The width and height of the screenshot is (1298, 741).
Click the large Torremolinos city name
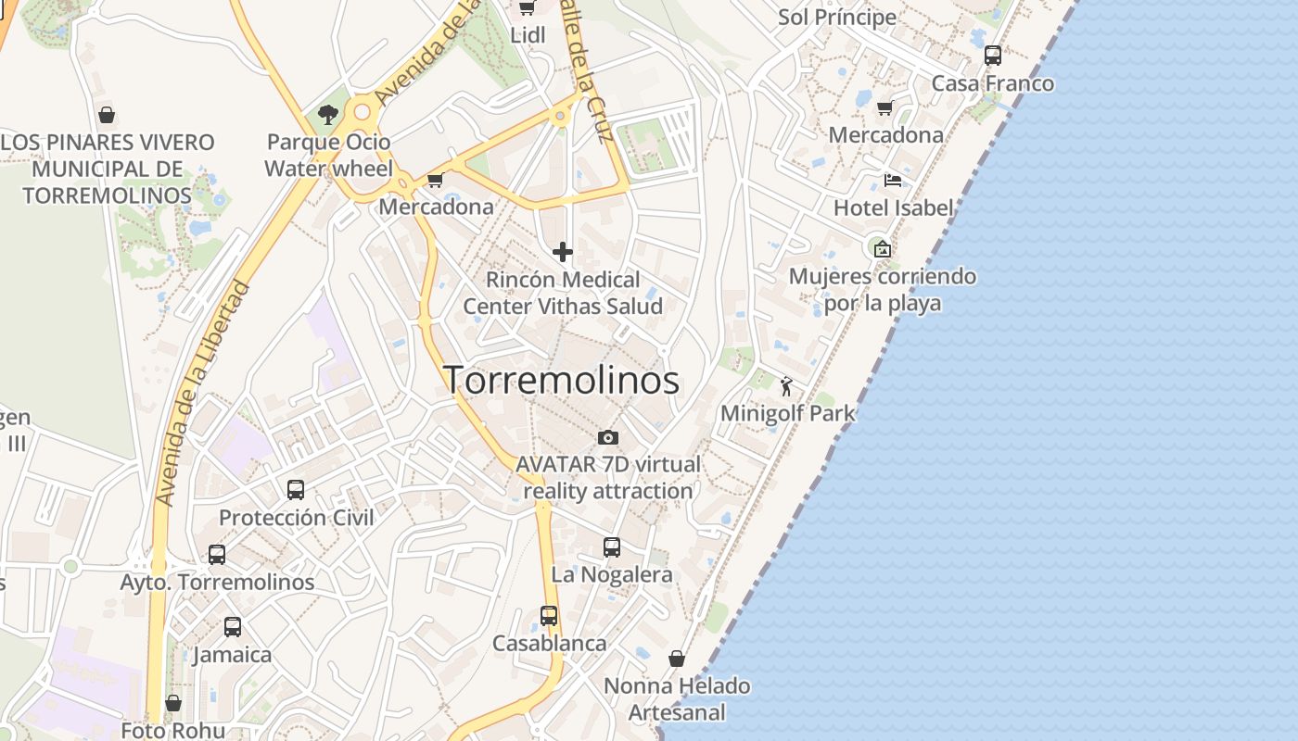point(561,381)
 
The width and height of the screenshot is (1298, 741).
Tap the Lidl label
point(528,34)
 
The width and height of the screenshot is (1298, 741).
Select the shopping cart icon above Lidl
point(528,8)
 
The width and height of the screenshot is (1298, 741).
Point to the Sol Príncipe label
point(837,17)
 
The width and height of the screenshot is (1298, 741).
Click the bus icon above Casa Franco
point(993,56)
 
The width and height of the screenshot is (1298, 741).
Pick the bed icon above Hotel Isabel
point(893,181)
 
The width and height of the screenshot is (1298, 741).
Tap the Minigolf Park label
point(788,413)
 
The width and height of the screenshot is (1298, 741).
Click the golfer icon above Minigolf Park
point(787,385)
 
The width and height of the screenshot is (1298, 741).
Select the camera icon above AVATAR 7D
point(608,437)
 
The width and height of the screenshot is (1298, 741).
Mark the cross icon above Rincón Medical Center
point(563,252)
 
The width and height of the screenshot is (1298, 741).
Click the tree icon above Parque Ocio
point(327,115)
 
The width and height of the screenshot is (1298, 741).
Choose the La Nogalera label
point(612,574)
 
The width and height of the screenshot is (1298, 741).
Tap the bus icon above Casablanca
point(549,616)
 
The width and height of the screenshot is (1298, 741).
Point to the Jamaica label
point(232,655)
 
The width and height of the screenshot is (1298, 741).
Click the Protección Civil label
point(297,517)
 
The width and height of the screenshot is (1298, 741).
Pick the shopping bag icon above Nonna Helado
point(677,659)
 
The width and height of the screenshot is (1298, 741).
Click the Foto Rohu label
point(173,730)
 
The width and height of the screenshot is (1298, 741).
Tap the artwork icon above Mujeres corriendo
point(882,248)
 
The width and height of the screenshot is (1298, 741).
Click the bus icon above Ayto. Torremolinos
point(217,555)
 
